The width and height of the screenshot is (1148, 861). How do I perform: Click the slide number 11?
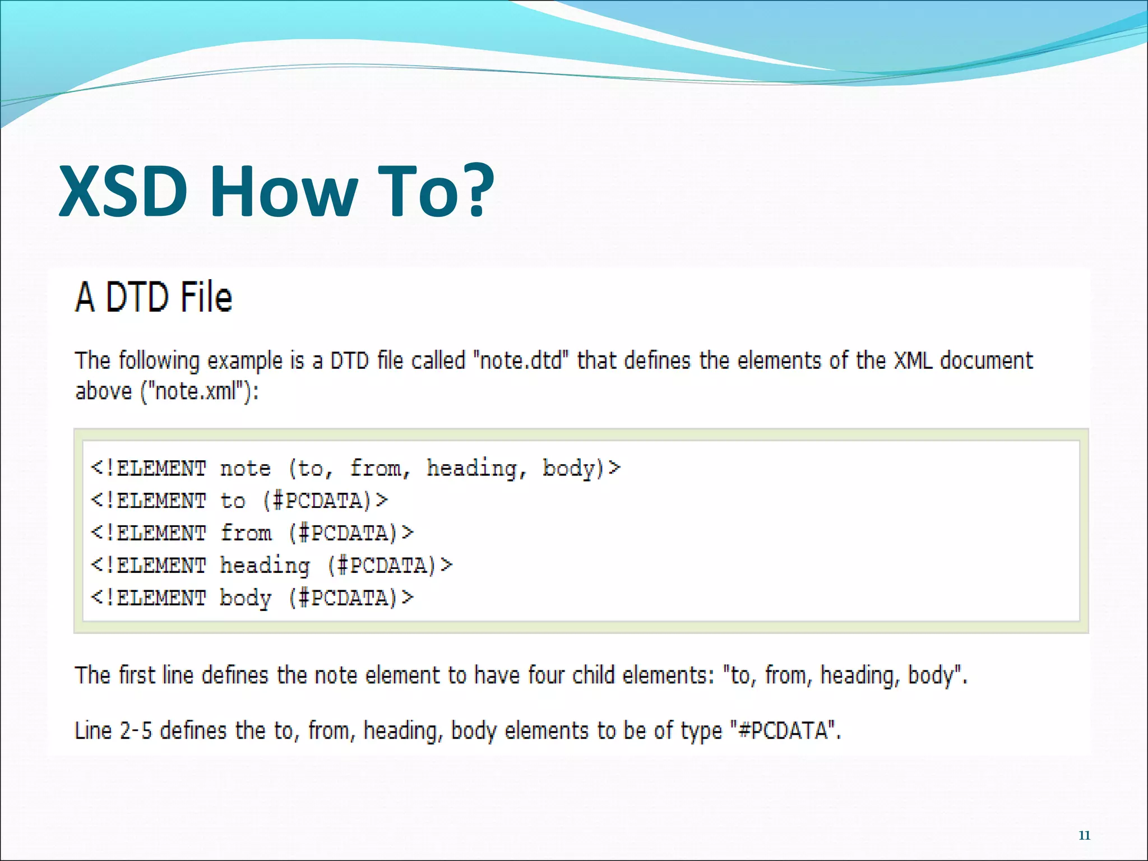(1084, 835)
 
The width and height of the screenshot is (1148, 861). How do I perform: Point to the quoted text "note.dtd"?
(521, 360)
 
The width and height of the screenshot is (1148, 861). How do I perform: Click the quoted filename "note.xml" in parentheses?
(196, 391)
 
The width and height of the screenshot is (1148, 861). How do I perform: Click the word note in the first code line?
(246, 468)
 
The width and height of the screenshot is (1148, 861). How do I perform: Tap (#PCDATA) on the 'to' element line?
(325, 501)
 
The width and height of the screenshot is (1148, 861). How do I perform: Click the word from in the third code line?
(246, 533)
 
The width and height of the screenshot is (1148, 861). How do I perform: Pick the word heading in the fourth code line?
(265, 566)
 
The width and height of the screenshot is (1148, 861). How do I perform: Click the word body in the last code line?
(246, 598)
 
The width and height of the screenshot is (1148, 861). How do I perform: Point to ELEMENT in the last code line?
(161, 598)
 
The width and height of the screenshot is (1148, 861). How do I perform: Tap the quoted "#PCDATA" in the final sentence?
(785, 731)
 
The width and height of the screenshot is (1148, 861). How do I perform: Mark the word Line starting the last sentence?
(93, 731)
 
